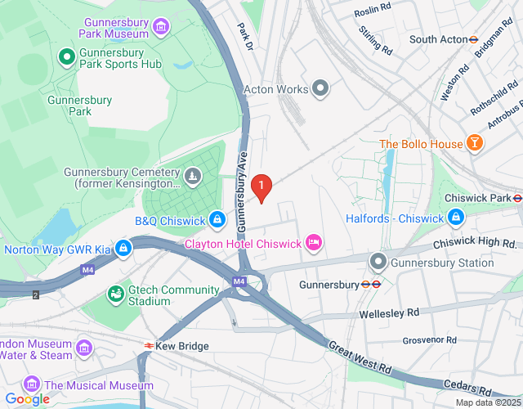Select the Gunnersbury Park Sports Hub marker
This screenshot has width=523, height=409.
coord(66,56)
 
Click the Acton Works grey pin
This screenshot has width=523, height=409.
coord(320,88)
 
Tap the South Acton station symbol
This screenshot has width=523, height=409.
coord(473,38)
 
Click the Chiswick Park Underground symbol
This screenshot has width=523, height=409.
coord(517,197)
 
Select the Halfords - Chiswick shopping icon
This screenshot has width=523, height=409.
coord(456,218)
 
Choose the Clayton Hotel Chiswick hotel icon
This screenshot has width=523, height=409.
coord(313,243)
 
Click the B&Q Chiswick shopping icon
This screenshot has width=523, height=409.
coord(217,219)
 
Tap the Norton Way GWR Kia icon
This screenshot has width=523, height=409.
coord(123,246)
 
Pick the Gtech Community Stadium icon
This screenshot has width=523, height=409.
coord(114,292)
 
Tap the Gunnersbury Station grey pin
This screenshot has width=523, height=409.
coord(378,263)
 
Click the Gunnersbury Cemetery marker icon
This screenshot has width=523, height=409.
coord(191,175)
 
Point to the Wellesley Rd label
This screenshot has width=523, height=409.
coord(389,312)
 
